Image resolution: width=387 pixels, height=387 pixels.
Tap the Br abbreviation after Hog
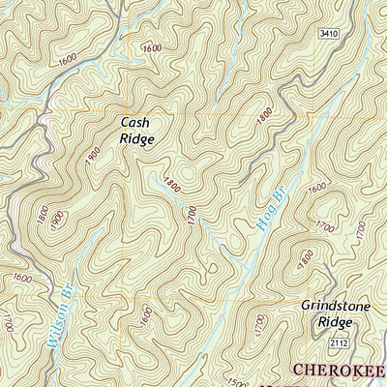tap(281, 194)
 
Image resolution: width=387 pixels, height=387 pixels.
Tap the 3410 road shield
tap(329, 34)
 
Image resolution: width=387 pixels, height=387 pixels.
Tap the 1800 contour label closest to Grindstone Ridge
tap(306, 260)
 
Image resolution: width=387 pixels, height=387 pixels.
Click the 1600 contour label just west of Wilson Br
tap(21, 279)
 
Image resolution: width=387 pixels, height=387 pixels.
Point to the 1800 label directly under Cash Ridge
tap(172, 181)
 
